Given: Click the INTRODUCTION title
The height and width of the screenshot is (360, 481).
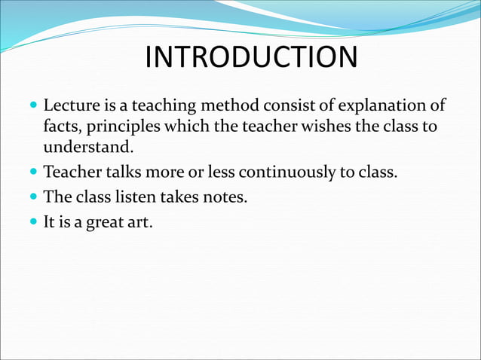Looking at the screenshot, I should pos(251,57).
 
